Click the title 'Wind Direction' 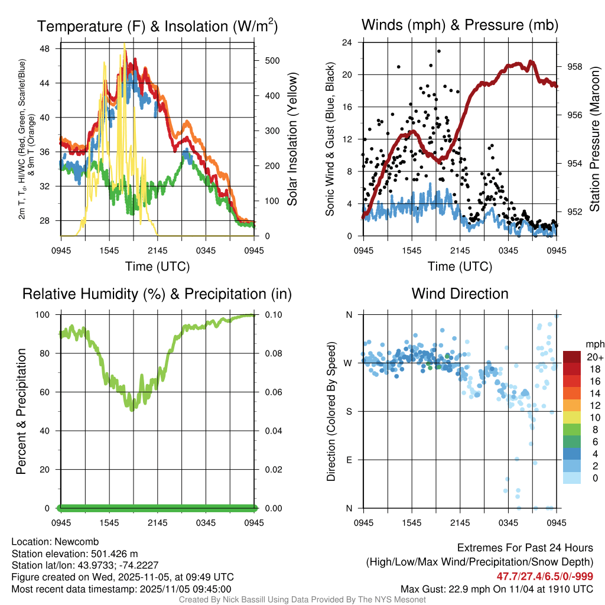[x=460, y=294]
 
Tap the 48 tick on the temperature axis [x=49, y=48]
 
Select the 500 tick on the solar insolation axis [x=272, y=60]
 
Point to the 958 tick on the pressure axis [x=575, y=67]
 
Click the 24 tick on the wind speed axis [x=347, y=43]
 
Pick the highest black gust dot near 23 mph [x=439, y=51]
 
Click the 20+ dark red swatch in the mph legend [x=573, y=357]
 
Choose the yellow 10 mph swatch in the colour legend [x=573, y=418]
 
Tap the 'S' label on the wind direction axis [x=349, y=411]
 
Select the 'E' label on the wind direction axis [x=349, y=460]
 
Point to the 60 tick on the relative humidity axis [x=48, y=392]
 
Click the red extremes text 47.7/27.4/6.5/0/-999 [x=545, y=577]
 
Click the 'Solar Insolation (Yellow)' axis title [x=292, y=139]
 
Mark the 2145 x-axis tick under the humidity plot [x=158, y=523]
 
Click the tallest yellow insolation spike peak [x=124, y=45]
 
